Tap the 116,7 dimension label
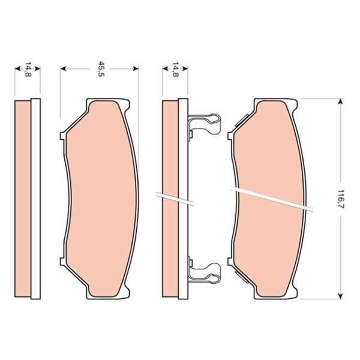[x=341, y=199]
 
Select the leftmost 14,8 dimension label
[x=28, y=69]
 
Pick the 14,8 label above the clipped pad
[x=175, y=69]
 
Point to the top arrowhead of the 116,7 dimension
[x=341, y=101]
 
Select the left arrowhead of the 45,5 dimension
[x=63, y=68]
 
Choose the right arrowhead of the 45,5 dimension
[x=136, y=68]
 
